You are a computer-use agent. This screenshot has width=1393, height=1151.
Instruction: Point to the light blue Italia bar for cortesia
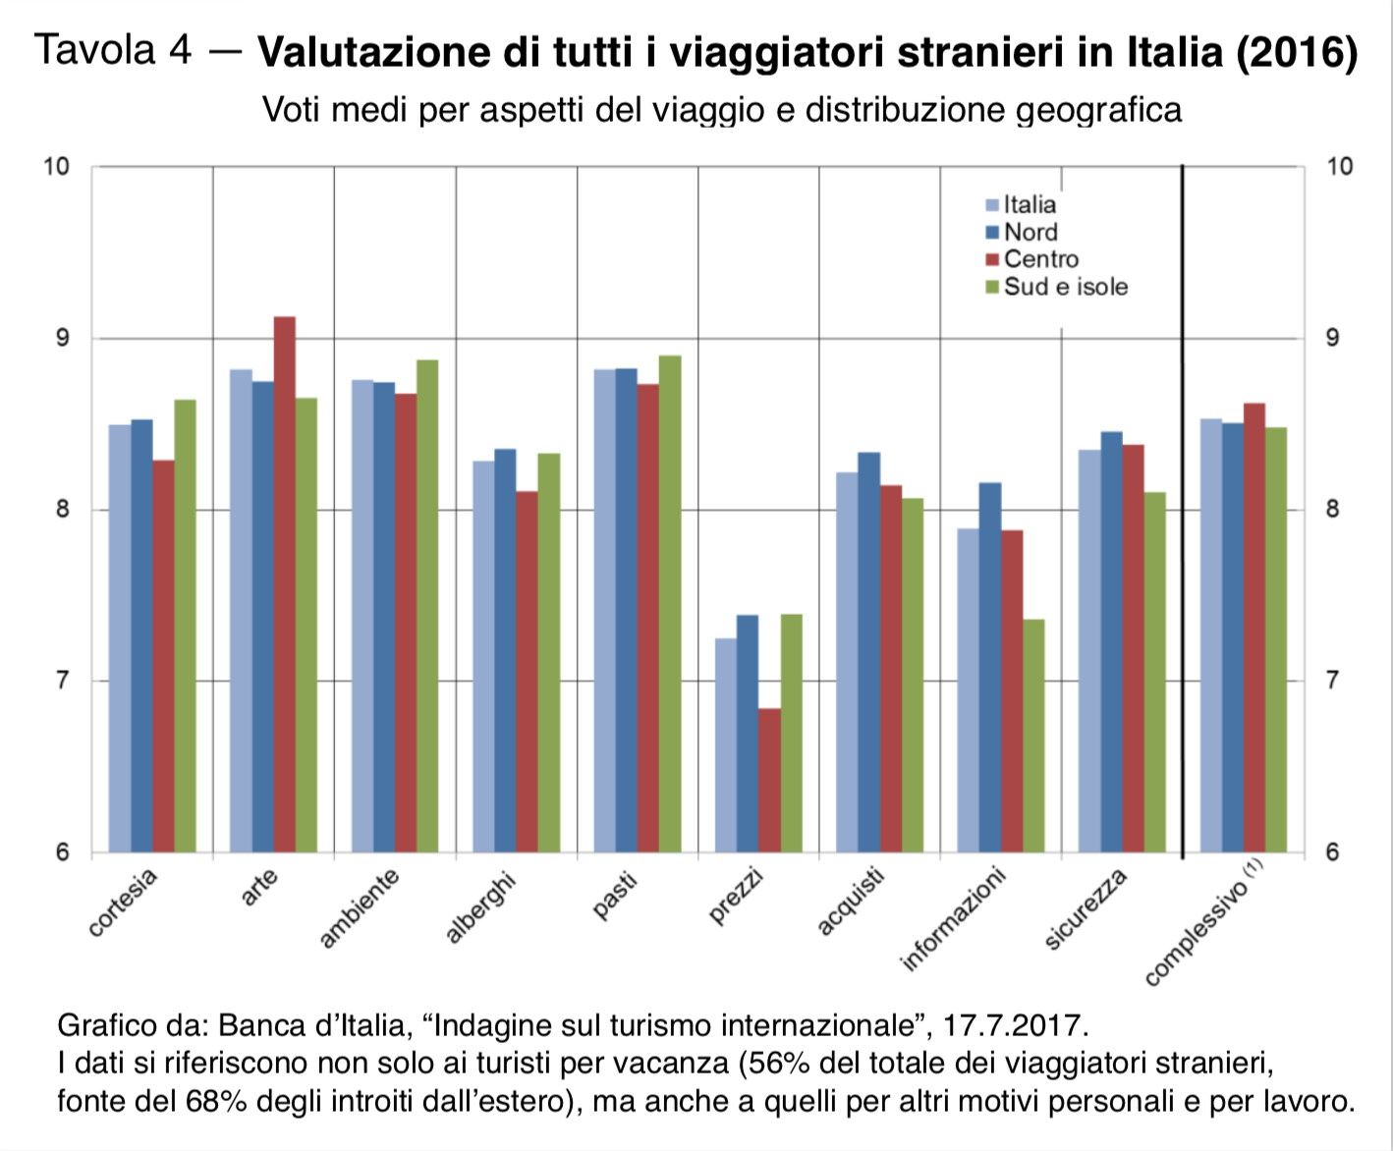[120, 637]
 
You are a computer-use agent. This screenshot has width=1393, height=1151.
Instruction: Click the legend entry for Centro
[1040, 259]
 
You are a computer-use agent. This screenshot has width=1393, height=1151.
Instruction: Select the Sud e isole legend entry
[1065, 287]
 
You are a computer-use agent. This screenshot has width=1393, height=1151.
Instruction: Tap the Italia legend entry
[1029, 204]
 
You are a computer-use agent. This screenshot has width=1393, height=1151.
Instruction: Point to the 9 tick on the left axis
[64, 338]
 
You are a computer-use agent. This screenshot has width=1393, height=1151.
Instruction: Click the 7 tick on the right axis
[1332, 680]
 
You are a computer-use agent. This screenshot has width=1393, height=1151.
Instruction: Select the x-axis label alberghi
[479, 908]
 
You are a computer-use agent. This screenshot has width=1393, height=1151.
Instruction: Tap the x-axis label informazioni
[953, 919]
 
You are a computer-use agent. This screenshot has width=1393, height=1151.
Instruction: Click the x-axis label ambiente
[360, 908]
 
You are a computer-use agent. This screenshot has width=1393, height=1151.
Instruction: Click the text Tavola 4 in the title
[113, 49]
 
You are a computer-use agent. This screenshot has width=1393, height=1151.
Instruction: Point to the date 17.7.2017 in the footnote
[1015, 1025]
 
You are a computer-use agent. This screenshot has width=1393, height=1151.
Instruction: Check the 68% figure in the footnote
[215, 1101]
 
